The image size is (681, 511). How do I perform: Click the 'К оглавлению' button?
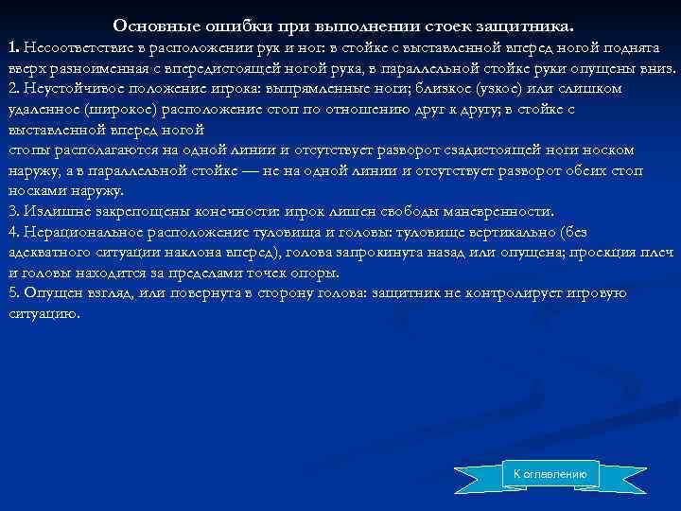point(550,473)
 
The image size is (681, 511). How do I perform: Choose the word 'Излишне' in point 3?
point(52,210)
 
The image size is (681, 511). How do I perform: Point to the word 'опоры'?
point(317,272)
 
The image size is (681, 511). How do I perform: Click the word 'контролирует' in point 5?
point(497,292)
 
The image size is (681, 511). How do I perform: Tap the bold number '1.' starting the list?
point(14,47)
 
